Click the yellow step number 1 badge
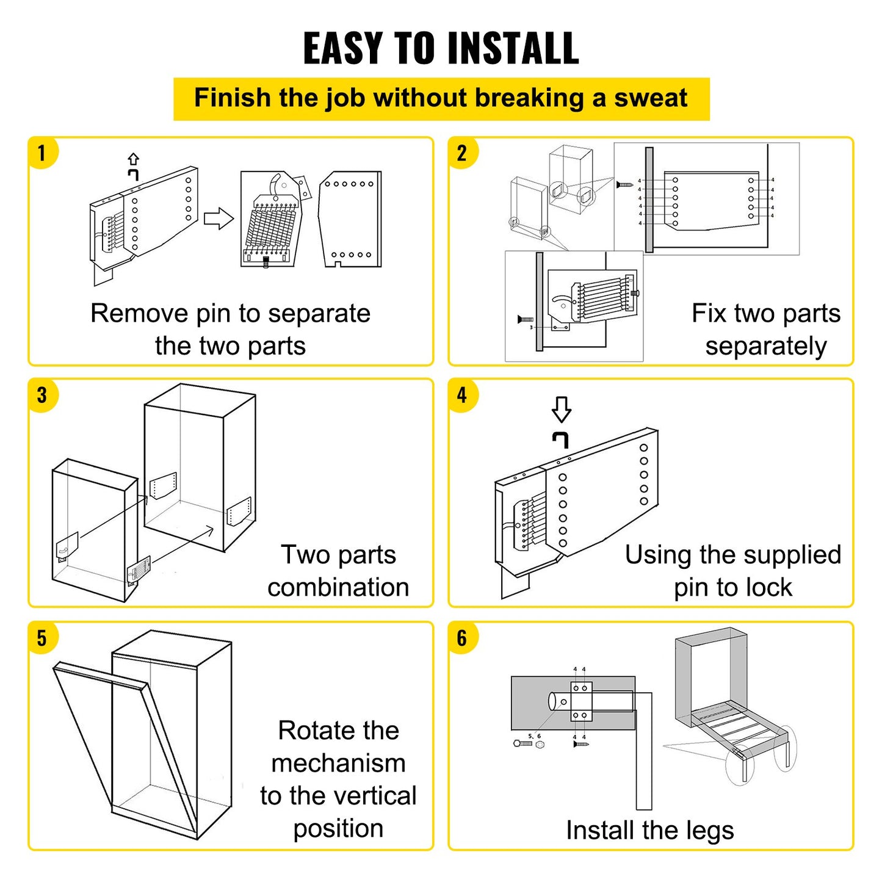(x=42, y=153)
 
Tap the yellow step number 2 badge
(x=462, y=153)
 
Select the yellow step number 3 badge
(x=42, y=396)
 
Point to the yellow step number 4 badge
(x=462, y=396)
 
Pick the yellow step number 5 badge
(x=42, y=638)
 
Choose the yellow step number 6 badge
(x=462, y=638)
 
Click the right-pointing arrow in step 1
(x=219, y=219)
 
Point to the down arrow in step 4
(x=561, y=409)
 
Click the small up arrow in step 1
(x=133, y=159)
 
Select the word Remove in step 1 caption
(x=140, y=314)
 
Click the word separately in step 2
(x=766, y=347)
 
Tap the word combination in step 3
(x=338, y=588)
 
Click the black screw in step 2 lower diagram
(x=525, y=319)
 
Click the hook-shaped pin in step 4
(x=561, y=439)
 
